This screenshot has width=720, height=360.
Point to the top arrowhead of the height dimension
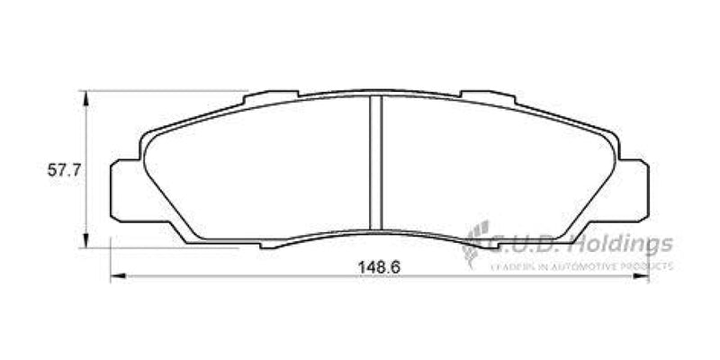click(87, 95)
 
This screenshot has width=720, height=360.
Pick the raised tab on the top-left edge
click(272, 94)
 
